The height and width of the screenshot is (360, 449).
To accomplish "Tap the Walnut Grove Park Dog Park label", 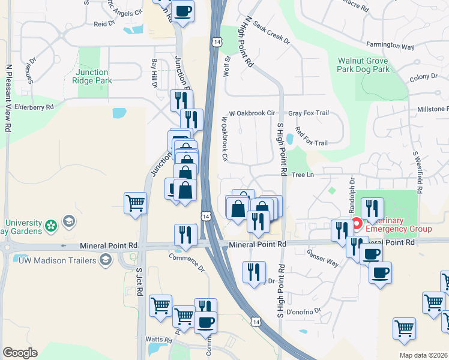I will pos(363,65).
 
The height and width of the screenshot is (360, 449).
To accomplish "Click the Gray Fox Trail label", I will pos(309,113).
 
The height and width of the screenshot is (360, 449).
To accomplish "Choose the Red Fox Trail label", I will pos(311,143).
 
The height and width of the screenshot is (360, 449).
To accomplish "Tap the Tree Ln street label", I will pos(304,175).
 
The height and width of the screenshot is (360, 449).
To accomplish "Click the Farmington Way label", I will pos(390,46).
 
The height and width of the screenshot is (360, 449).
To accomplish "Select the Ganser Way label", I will pos(322,259).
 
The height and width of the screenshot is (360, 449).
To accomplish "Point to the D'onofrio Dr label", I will pos(304,311).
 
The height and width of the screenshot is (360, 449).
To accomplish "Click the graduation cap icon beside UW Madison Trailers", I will pos(106,259).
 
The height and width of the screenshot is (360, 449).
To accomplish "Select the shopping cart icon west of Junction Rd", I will pos(136,203).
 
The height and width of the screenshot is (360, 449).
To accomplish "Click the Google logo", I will pos(20,353).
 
